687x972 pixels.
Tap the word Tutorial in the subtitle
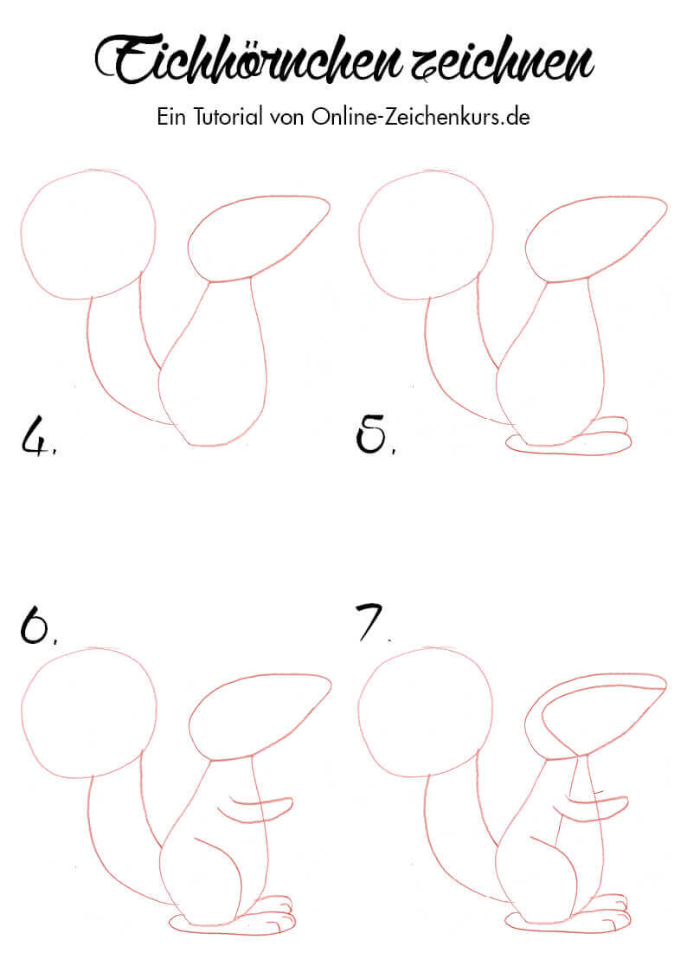(228, 117)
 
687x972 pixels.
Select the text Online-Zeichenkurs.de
(421, 117)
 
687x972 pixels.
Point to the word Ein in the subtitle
(171, 117)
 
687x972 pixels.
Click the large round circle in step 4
(22, 235)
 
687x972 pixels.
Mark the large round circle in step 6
(22, 713)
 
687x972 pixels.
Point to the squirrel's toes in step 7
(613, 911)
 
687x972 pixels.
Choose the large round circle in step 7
(359, 713)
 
